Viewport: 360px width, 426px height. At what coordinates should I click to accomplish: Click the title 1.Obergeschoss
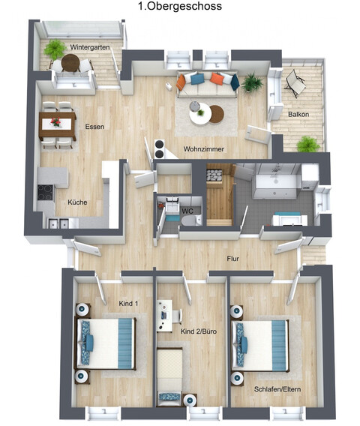coord(179,6)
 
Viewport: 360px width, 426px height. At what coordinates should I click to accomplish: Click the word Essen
coord(94,126)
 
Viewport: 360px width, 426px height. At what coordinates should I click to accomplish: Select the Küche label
coord(77,202)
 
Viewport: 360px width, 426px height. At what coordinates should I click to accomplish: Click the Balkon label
coord(298,114)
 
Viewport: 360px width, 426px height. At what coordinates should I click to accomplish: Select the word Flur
coord(233,259)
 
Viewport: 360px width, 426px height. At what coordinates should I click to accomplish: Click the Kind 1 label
coord(129,302)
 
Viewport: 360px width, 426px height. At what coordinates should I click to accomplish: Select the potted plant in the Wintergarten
coord(54,50)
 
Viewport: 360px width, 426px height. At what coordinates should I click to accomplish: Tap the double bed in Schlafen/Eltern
coord(262,343)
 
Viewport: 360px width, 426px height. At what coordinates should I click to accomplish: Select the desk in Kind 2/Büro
coord(165,315)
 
